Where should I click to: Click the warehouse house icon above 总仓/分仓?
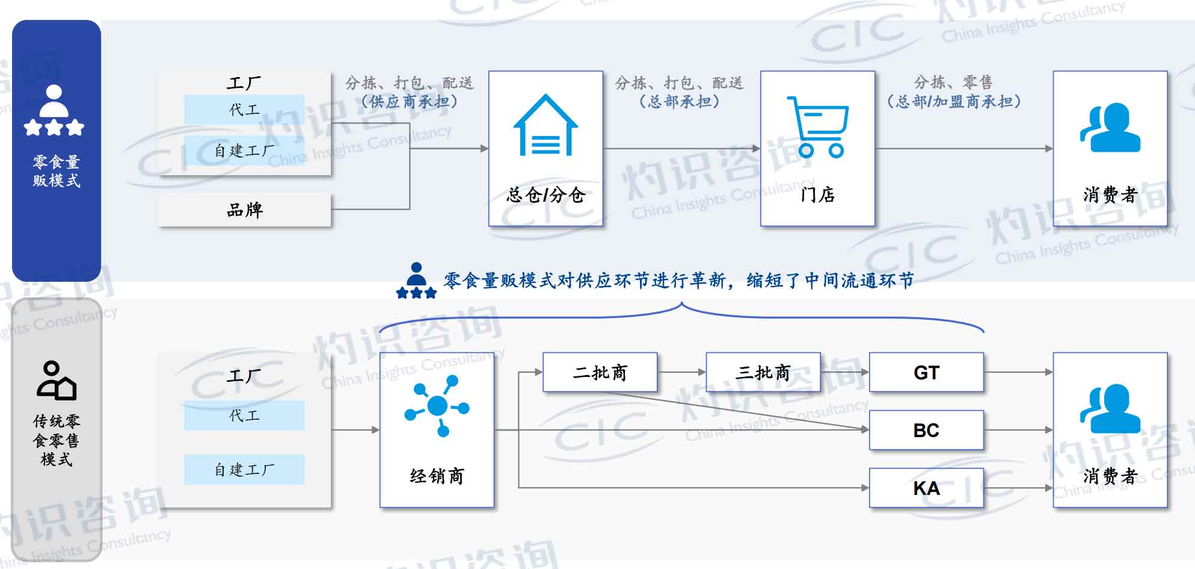tap(545, 125)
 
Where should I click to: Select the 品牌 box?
tap(244, 210)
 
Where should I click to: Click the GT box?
tap(926, 373)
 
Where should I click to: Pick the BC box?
tap(926, 430)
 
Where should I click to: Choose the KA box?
tap(926, 488)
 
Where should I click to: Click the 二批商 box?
tap(600, 373)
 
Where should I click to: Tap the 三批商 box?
tap(763, 373)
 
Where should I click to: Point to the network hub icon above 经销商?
tap(437, 406)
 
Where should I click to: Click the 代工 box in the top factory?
tap(244, 110)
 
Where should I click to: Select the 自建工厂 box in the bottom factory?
tap(244, 470)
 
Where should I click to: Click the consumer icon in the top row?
tap(1110, 127)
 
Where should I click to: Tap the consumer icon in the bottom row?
tap(1110, 409)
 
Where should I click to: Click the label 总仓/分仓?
tap(545, 194)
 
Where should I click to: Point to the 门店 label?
tap(818, 194)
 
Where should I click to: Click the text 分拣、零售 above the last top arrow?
tap(953, 82)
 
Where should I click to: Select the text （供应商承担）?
tap(410, 101)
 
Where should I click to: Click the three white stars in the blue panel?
tap(54, 128)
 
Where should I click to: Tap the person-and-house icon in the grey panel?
tap(57, 381)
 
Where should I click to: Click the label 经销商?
tap(437, 476)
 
